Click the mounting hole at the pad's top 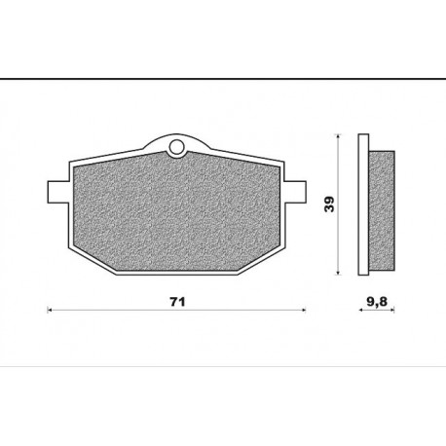click(x=176, y=147)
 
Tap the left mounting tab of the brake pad click(x=58, y=192)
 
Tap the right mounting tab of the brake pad click(x=295, y=192)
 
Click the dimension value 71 click(x=177, y=302)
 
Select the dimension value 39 click(x=329, y=204)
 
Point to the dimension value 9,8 click(x=377, y=302)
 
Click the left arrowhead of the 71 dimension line click(x=50, y=310)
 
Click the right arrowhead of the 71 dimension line click(x=304, y=310)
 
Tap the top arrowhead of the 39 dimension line click(x=338, y=136)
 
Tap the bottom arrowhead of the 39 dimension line click(x=338, y=273)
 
